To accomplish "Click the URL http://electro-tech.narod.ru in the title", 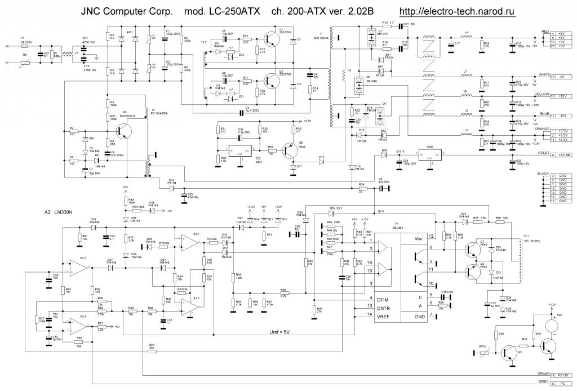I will (458, 11).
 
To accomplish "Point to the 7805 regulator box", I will (429, 153).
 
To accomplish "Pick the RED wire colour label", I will (544, 32).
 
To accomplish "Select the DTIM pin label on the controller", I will (383, 299).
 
